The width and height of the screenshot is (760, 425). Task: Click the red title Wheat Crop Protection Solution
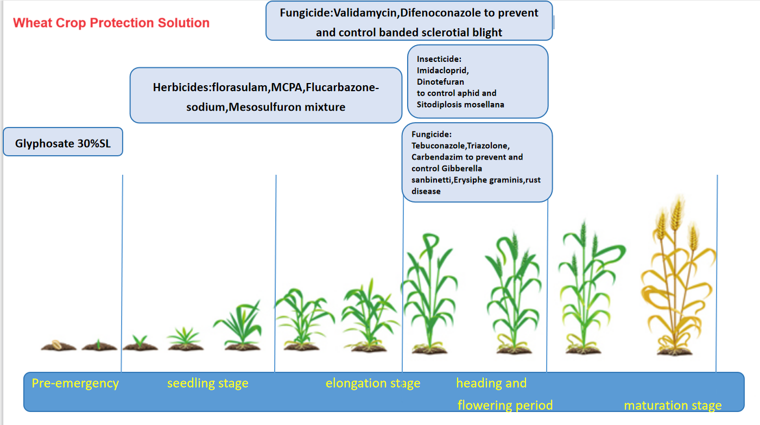(111, 23)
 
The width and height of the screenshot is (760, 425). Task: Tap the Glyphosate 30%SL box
(62, 144)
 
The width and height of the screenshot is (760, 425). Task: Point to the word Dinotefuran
(440, 82)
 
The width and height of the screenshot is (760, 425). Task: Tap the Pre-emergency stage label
(75, 383)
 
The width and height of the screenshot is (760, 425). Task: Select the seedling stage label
(207, 384)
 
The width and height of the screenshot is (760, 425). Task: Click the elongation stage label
(373, 384)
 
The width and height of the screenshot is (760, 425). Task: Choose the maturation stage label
(673, 405)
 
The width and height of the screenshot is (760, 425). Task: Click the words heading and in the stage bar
(491, 384)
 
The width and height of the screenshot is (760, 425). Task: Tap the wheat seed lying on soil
(56, 344)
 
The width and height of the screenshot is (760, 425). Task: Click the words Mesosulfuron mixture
(287, 107)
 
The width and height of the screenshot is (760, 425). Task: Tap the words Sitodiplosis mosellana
(460, 104)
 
